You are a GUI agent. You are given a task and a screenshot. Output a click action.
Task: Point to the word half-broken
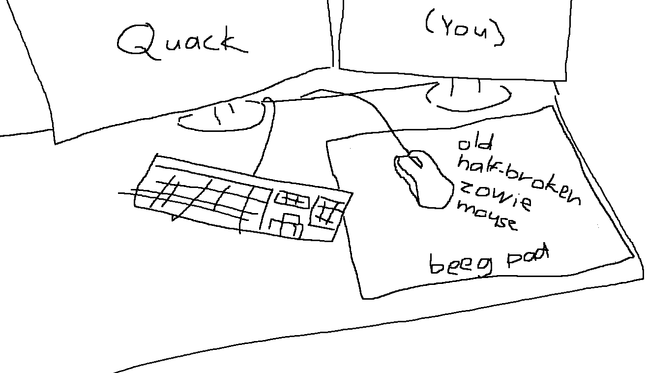pos(519,179)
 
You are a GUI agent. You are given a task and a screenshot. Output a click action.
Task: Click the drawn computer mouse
pos(423,180)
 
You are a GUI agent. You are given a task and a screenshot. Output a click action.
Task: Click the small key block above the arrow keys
pos(292,199)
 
